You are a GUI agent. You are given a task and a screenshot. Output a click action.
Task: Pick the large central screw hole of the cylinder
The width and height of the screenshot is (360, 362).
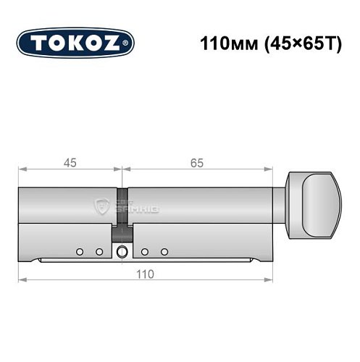121,251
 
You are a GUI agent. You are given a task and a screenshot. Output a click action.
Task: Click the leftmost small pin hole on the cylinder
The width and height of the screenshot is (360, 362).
78,251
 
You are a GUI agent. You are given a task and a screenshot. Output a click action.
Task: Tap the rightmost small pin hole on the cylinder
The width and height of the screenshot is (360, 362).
165,251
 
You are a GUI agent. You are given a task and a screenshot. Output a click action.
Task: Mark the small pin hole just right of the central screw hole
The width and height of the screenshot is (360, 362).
145,251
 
